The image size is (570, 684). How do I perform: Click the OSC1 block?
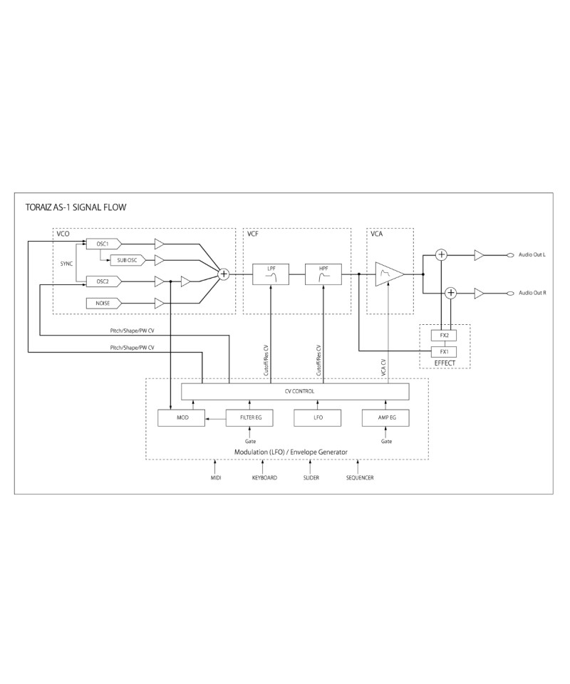point(103,244)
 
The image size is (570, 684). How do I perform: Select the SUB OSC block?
point(127,261)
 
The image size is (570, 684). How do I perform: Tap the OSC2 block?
point(103,281)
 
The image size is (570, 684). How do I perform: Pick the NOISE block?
point(103,303)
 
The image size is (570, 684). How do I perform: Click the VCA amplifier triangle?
point(389,274)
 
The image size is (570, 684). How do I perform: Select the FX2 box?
point(445,335)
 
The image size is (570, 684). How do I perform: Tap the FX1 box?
point(445,351)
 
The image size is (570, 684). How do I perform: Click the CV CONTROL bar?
point(295,391)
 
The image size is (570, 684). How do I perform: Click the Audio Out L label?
point(532,255)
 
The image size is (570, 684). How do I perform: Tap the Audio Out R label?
point(532,293)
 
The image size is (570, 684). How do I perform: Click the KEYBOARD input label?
point(264,477)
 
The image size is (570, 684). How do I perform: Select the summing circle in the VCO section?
point(223,274)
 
